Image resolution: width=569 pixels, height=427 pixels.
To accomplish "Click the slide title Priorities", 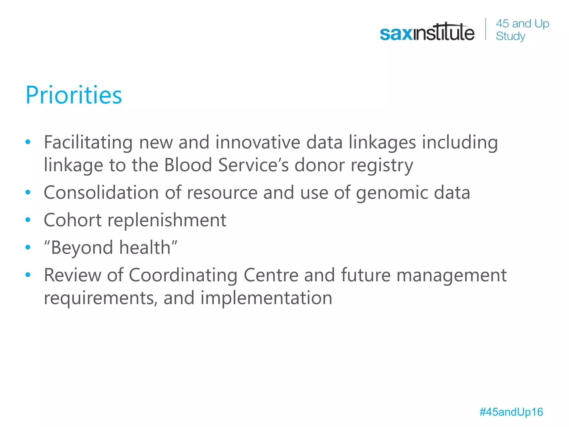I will (74, 95).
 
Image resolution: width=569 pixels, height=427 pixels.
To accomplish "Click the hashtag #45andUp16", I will (511, 412).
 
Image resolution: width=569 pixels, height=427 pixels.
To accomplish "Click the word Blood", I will (188, 165).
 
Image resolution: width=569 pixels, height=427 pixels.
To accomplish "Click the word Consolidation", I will (101, 192).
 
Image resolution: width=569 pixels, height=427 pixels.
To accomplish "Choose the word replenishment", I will (167, 220).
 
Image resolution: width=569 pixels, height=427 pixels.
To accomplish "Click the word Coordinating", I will (183, 275).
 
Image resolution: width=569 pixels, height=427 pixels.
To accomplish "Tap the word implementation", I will (266, 298).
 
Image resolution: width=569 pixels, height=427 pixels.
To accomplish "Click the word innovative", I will (258, 142).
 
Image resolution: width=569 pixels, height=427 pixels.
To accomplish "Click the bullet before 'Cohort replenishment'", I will (28, 220).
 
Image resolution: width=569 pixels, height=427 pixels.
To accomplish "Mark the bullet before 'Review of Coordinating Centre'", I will (28, 275).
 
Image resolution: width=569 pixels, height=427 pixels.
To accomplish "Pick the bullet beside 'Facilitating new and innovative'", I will (28, 142).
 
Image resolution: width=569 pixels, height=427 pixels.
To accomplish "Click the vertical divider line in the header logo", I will (486, 29).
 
